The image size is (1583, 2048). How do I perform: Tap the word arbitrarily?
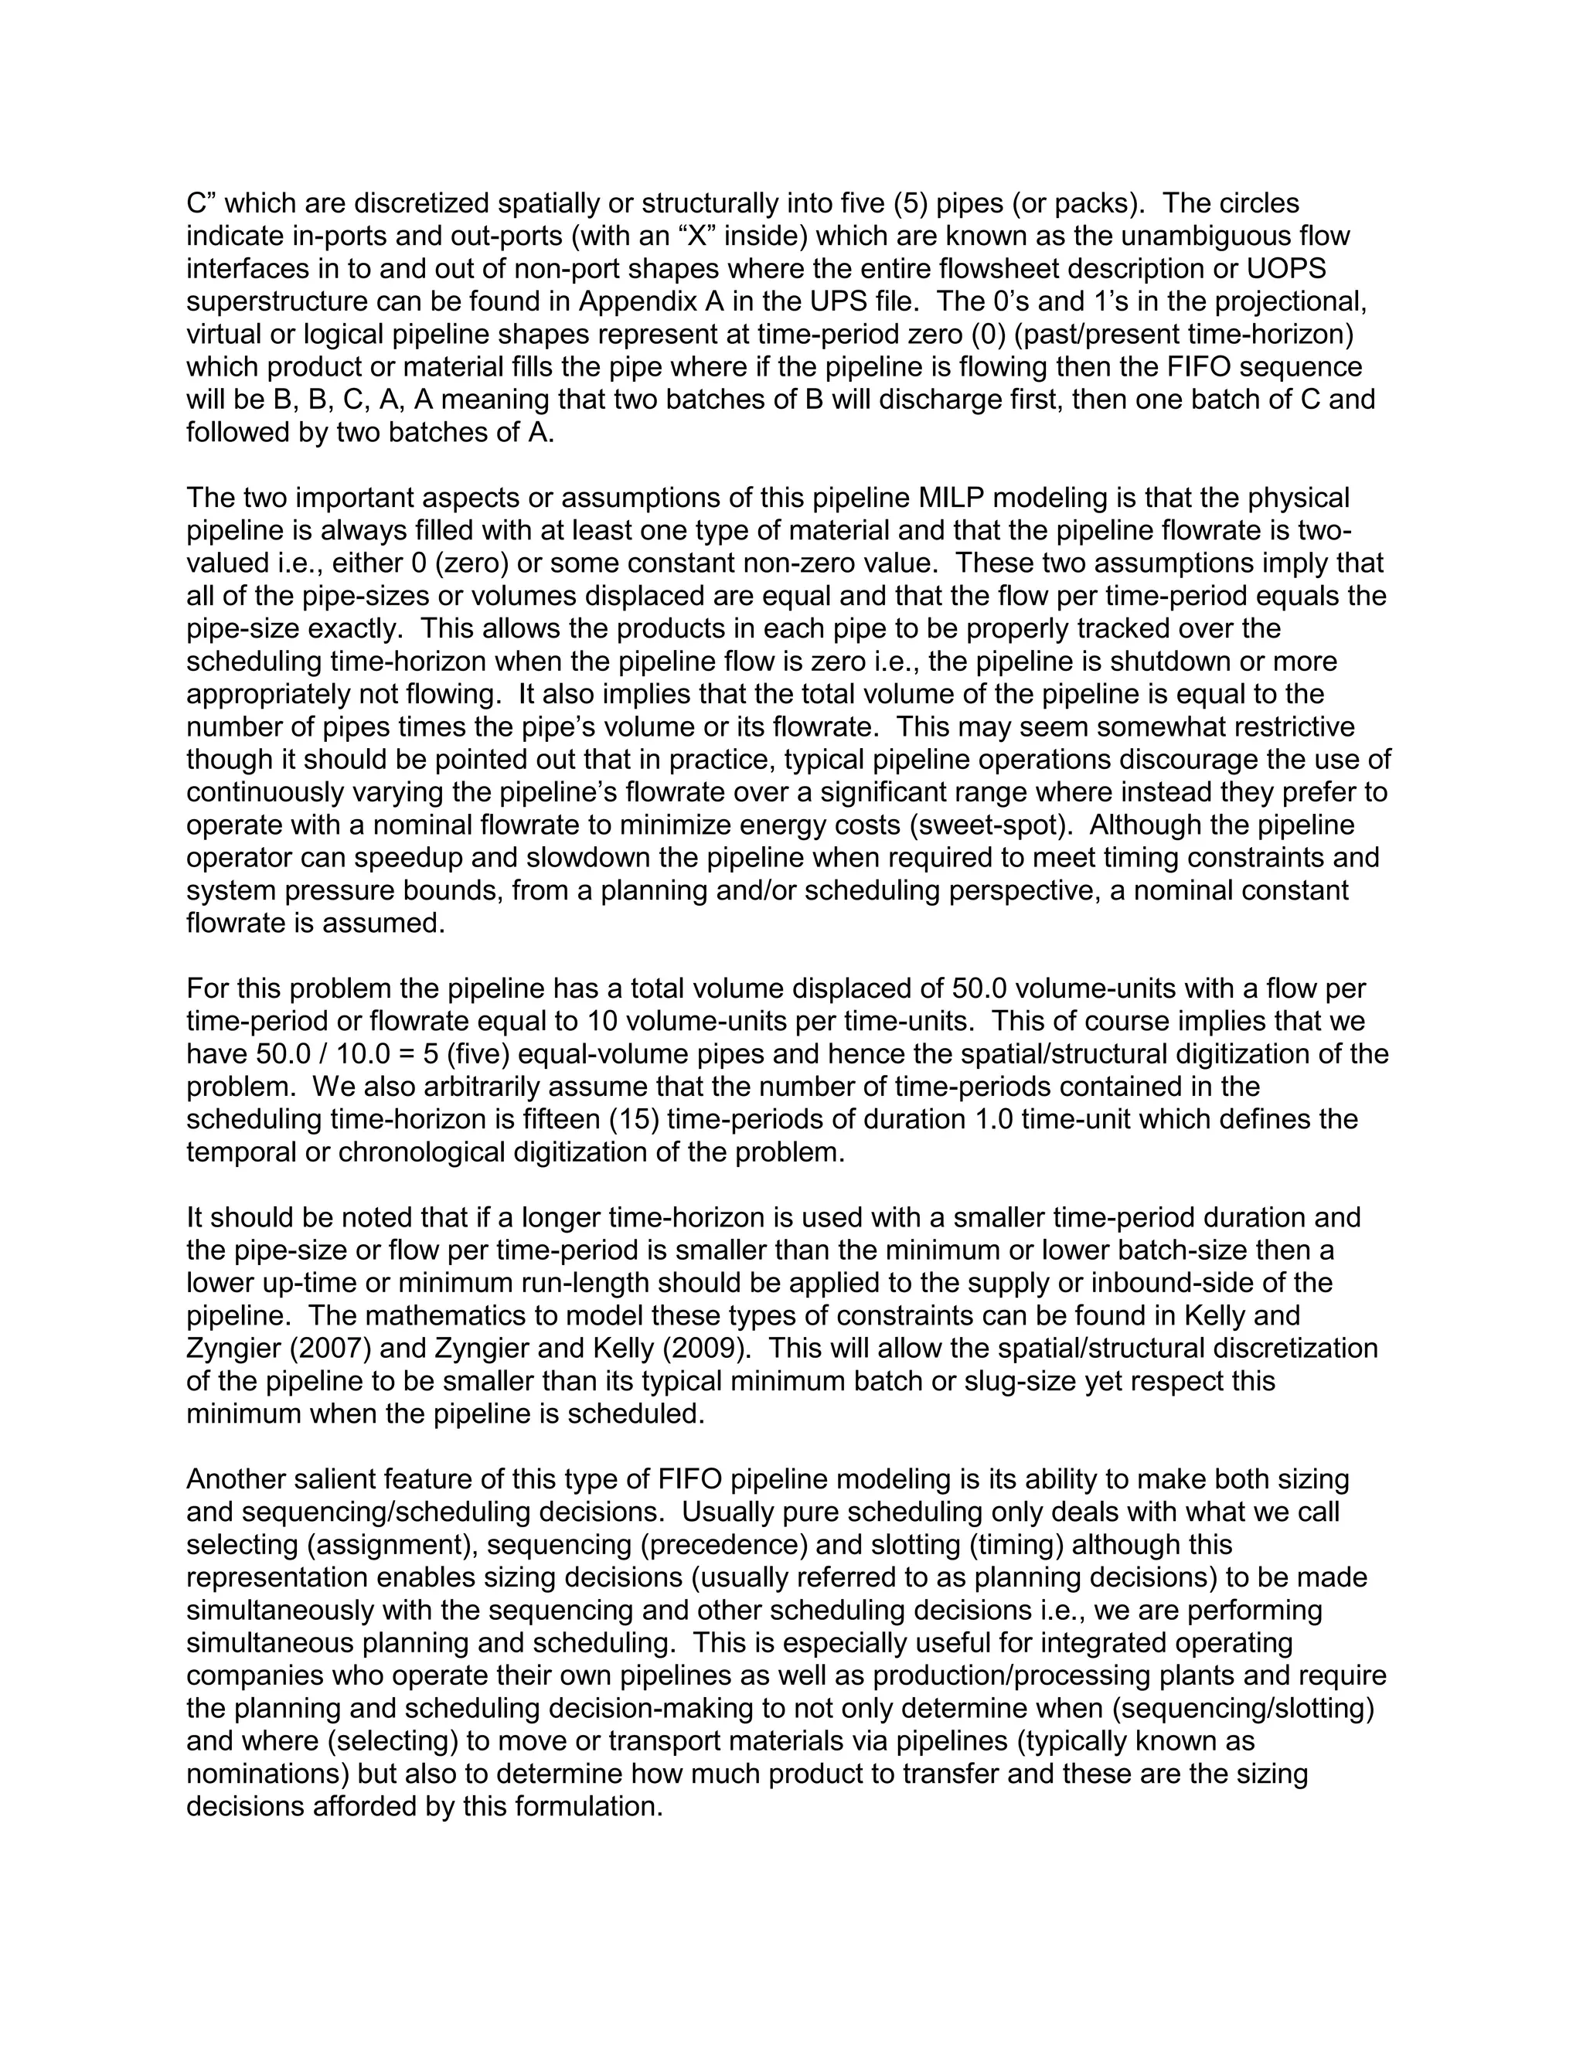(458, 1087)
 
